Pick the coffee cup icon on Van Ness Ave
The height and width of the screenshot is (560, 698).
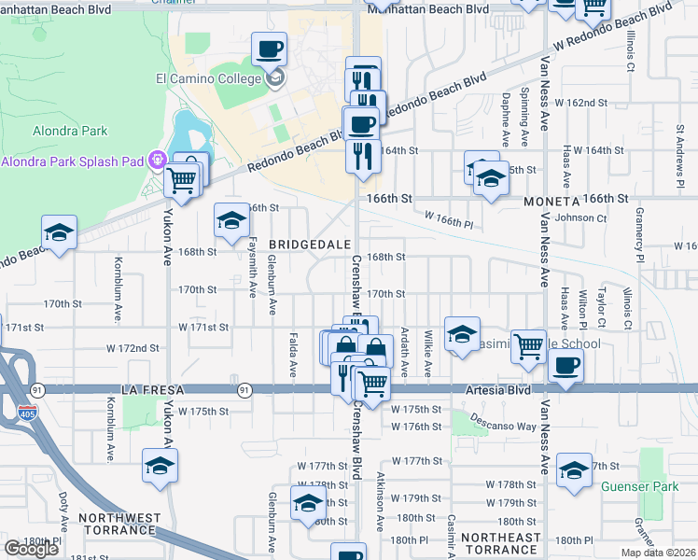565,365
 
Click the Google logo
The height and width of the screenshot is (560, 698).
31,548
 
